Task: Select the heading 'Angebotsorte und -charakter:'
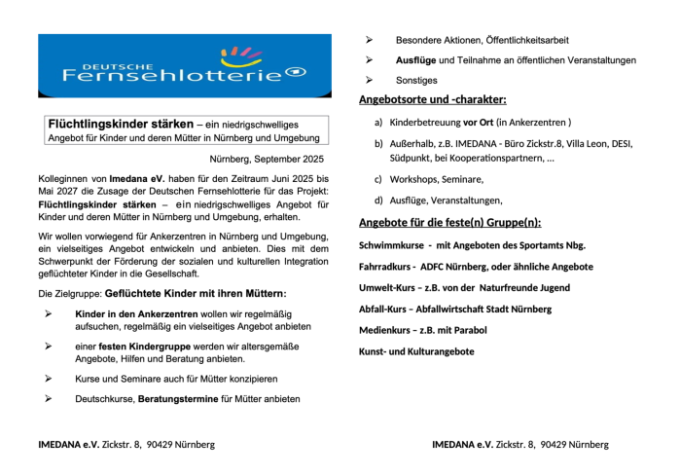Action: tap(432, 99)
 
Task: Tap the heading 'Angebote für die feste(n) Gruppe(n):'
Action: tap(449, 223)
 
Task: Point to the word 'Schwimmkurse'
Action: tap(390, 245)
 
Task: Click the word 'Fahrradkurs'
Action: tap(386, 266)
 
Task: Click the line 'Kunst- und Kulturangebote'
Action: tap(416, 350)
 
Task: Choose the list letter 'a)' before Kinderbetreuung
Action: tap(378, 123)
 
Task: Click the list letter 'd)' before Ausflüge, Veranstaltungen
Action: tap(378, 200)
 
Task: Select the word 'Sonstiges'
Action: tap(416, 80)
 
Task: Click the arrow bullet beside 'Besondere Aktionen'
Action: tap(370, 40)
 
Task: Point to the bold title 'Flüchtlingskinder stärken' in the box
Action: tap(121, 125)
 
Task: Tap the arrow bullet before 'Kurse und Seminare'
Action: tap(49, 378)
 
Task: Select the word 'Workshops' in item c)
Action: tap(413, 179)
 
